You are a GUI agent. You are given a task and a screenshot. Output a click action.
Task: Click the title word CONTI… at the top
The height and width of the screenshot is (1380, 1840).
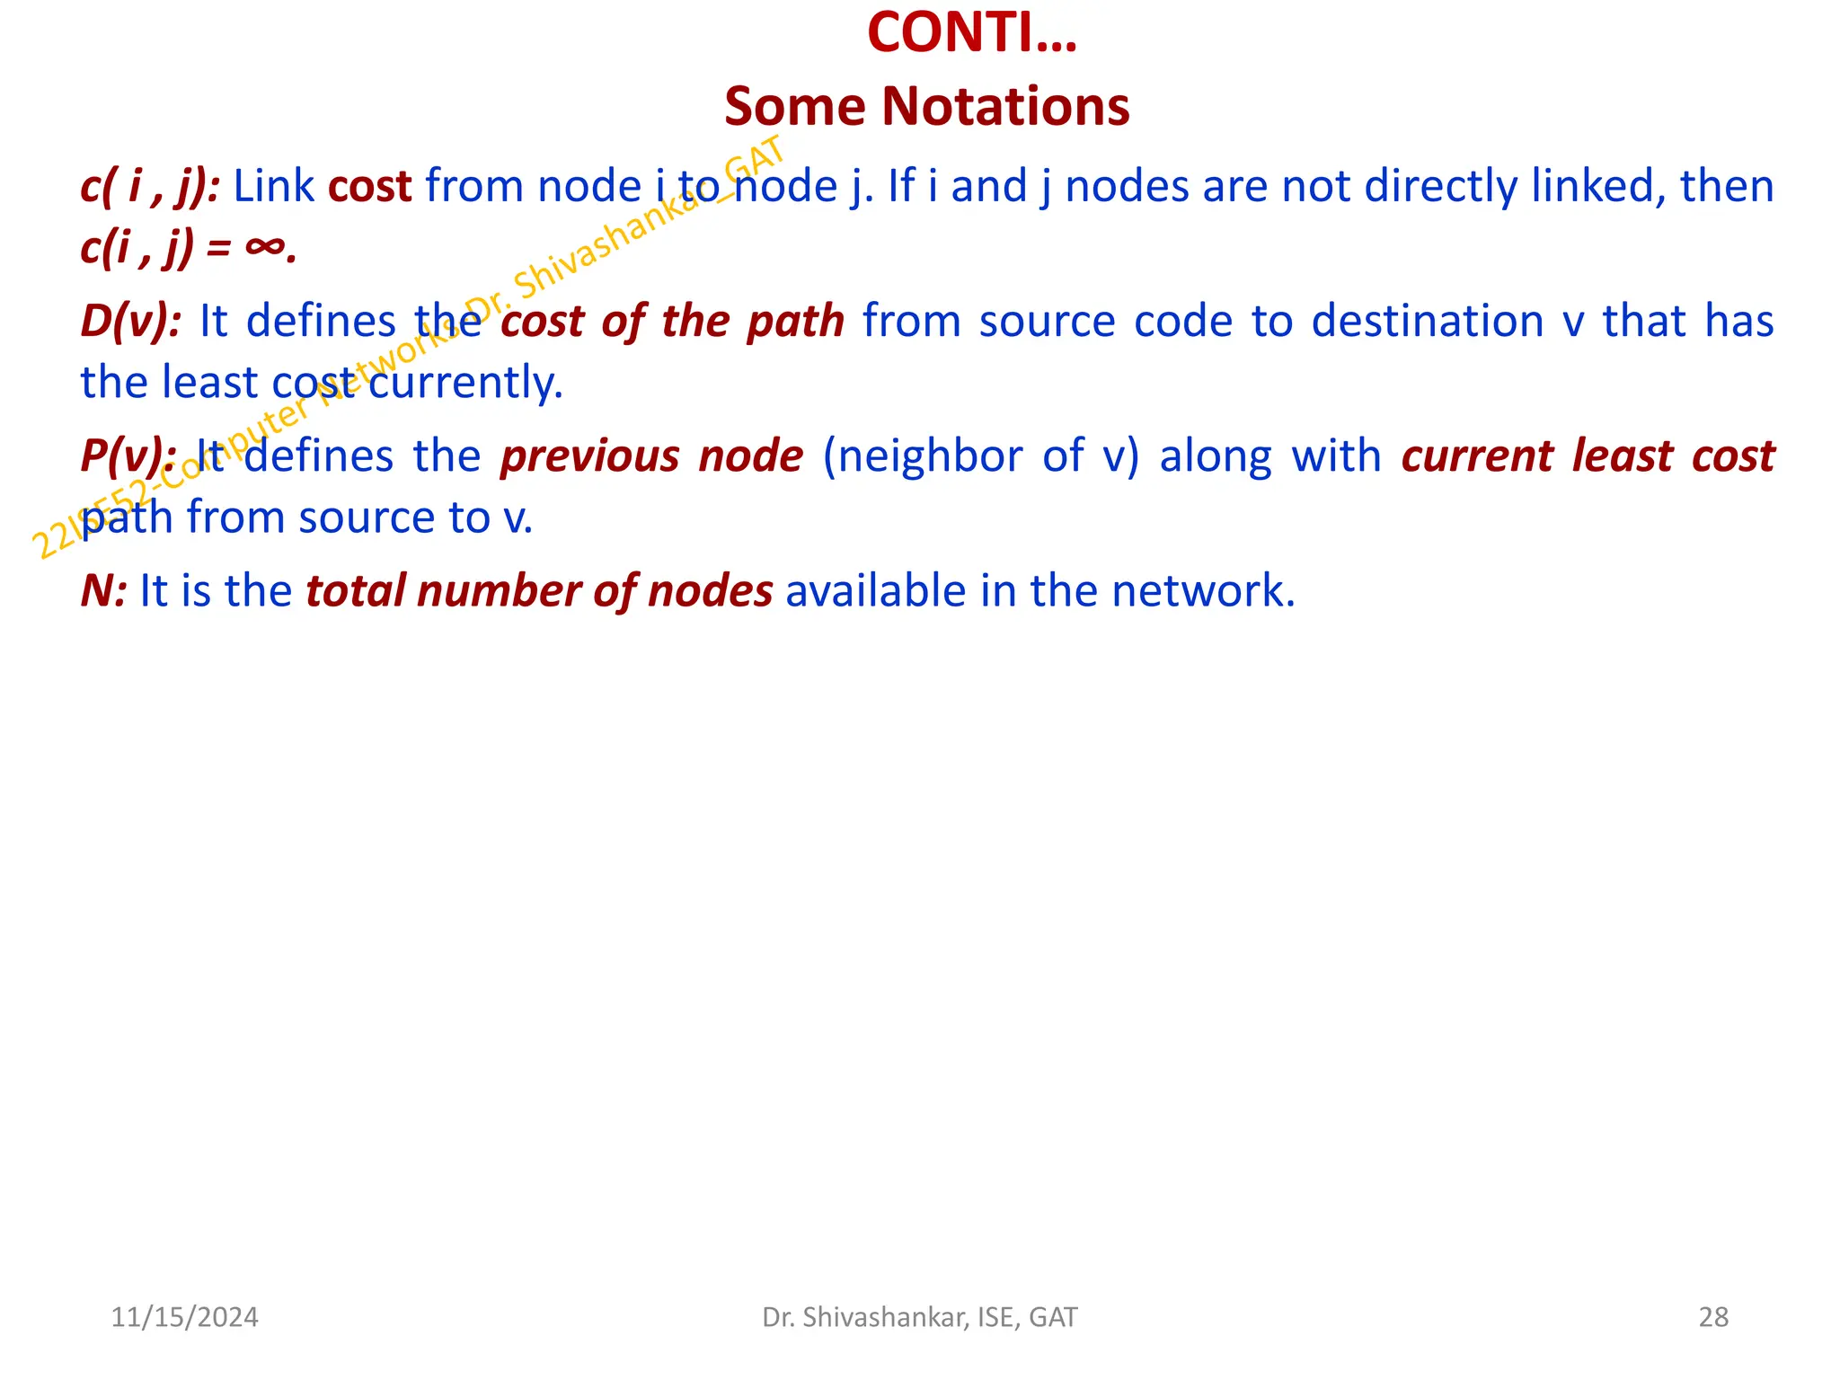pyautogui.click(x=971, y=33)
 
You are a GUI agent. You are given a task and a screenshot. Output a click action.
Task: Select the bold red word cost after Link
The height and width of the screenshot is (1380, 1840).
pyautogui.click(x=369, y=187)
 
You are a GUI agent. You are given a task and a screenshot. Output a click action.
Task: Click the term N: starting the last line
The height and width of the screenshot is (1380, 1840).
pyautogui.click(x=103, y=591)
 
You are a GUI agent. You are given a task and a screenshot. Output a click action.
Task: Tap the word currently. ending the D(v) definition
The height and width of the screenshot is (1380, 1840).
pyautogui.click(x=465, y=383)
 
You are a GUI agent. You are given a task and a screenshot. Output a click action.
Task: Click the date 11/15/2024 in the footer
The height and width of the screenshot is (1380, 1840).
pyautogui.click(x=184, y=1317)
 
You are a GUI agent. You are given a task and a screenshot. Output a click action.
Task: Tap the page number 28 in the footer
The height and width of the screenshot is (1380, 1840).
pyautogui.click(x=1712, y=1317)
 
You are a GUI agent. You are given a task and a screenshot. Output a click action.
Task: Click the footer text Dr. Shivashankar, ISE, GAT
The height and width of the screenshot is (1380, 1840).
pyautogui.click(x=919, y=1317)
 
